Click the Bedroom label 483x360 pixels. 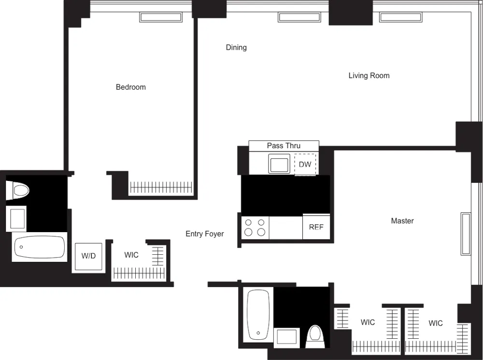[x=130, y=87]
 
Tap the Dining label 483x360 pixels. [x=236, y=47]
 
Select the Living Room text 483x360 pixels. [x=369, y=76]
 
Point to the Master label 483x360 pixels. [x=402, y=221]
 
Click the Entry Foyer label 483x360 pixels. [x=205, y=234]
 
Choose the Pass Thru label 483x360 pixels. [x=284, y=146]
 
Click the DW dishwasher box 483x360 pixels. [x=305, y=165]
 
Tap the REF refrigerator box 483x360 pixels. [x=316, y=227]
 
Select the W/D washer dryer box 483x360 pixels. [x=88, y=256]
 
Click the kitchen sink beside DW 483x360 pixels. [x=280, y=164]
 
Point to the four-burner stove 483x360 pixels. [x=255, y=227]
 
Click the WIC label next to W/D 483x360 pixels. [x=131, y=255]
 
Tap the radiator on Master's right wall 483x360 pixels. [x=466, y=233]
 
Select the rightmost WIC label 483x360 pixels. [x=436, y=323]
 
